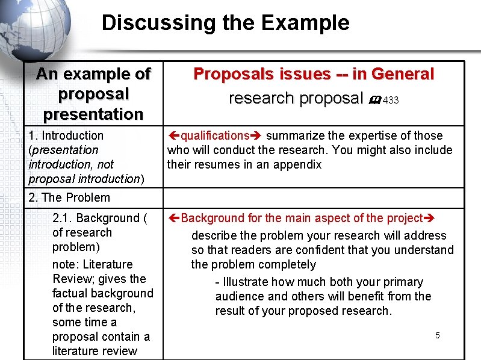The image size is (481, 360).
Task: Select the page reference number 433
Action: [391, 101]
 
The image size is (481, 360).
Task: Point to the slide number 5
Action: [438, 335]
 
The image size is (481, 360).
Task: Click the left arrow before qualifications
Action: [173, 136]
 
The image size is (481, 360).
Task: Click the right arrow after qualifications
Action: [256, 136]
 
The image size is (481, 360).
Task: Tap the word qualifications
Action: [215, 136]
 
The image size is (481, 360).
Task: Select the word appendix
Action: [299, 165]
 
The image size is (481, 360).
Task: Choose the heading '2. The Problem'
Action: [69, 197]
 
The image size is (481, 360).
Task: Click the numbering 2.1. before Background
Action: [63, 218]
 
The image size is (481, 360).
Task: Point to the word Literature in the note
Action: [108, 264]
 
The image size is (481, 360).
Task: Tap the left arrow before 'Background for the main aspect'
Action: [173, 218]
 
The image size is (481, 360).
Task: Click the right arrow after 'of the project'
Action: [429, 218]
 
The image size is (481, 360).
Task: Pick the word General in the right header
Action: [403, 74]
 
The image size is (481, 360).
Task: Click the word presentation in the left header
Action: [93, 114]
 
